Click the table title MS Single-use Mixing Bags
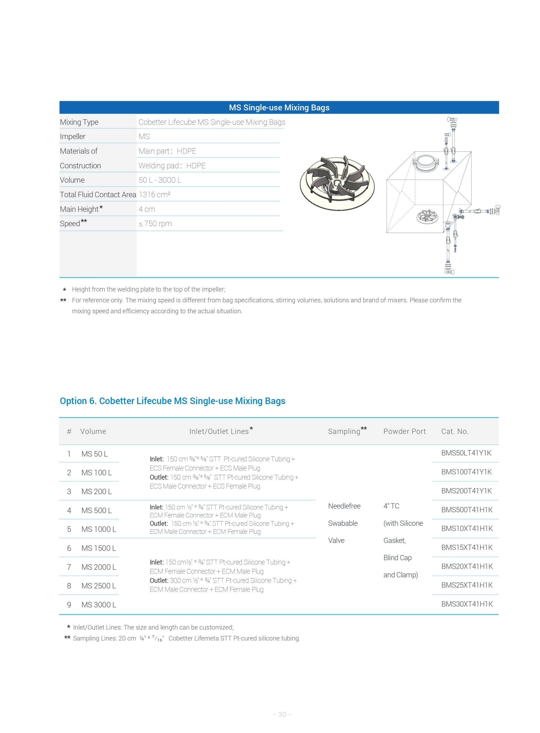[279, 107]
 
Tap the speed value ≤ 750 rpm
[155, 224]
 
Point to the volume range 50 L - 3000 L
[160, 180]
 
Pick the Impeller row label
[72, 137]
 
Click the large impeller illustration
[337, 183]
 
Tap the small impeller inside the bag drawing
[427, 216]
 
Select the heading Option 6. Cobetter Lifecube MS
[172, 401]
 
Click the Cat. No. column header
[455, 431]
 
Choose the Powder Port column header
[404, 431]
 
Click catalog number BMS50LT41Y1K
[466, 453]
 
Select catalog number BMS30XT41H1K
[467, 604]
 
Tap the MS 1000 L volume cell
[99, 529]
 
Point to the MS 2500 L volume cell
[99, 586]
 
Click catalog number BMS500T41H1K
[467, 510]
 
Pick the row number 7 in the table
[69, 567]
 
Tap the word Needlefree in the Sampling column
[344, 506]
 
